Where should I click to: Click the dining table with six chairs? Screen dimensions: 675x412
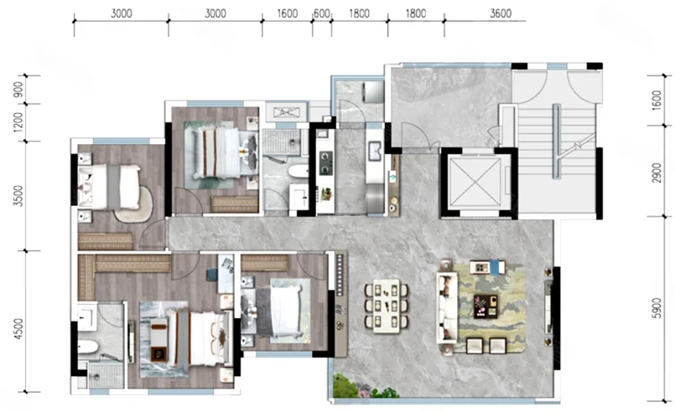click(387, 306)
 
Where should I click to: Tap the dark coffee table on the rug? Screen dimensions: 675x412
click(485, 306)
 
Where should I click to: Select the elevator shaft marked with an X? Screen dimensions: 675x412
click(475, 182)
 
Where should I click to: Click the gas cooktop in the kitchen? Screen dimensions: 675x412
click(326, 163)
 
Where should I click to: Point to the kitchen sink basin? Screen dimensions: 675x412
click(375, 151)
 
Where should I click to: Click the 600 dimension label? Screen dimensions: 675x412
click(322, 13)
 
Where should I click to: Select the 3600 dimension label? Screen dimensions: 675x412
click(501, 13)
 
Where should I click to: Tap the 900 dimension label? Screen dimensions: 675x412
click(18, 90)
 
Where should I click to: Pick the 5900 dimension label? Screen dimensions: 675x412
click(657, 308)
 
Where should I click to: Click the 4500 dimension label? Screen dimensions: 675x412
click(18, 329)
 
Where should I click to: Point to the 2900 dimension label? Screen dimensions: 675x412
click(657, 173)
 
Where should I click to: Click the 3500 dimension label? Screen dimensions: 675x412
click(18, 196)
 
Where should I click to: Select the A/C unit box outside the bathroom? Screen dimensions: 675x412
click(286, 112)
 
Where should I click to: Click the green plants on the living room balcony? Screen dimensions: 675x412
click(361, 388)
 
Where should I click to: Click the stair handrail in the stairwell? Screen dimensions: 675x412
click(556, 141)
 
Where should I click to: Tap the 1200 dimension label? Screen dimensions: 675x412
click(18, 122)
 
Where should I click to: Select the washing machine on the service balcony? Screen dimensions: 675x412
click(373, 91)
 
